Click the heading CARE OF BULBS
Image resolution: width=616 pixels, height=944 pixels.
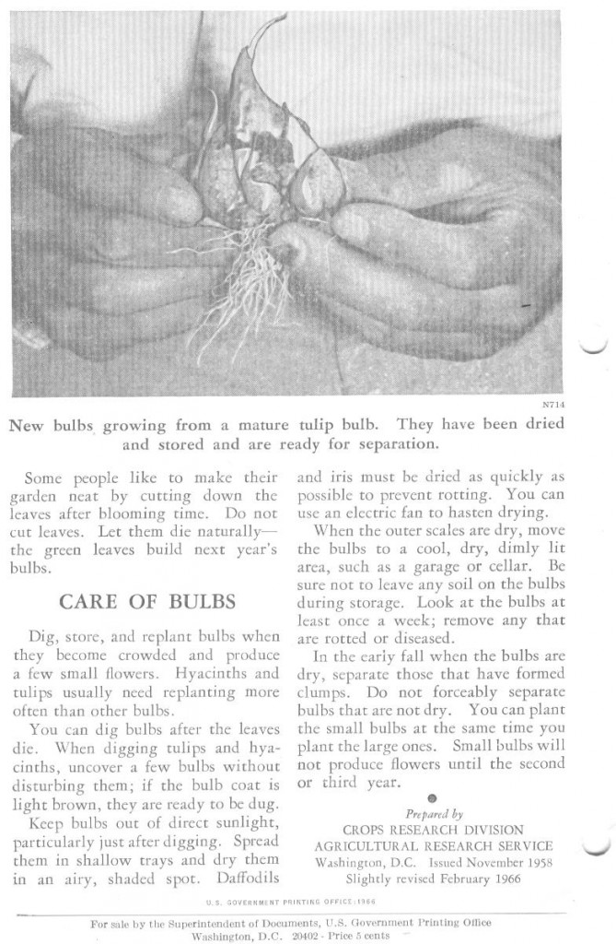coord(147,602)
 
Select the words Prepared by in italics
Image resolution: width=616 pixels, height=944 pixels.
coord(434,814)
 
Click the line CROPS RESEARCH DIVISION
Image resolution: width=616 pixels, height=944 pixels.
coord(433,830)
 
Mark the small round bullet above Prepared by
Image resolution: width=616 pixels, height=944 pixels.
coord(433,798)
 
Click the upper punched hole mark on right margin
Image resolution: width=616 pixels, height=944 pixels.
coord(597,348)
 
